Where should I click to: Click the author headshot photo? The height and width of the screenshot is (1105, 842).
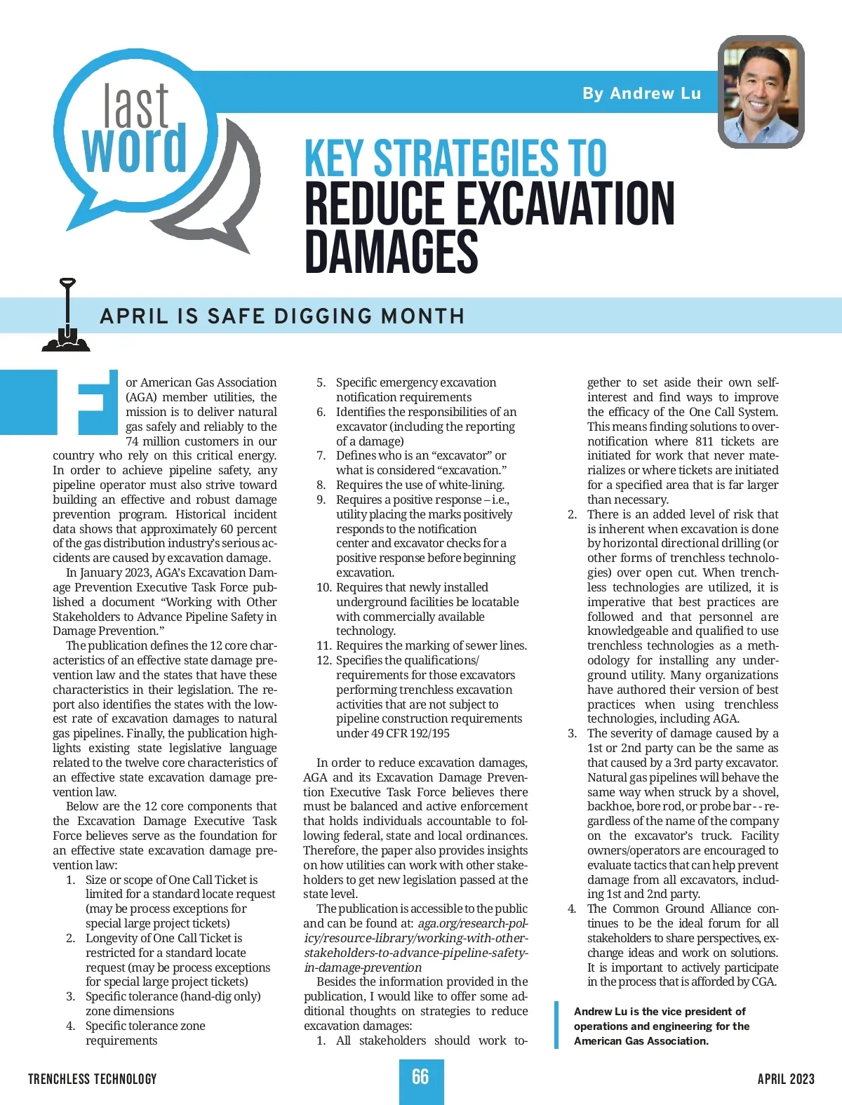761,91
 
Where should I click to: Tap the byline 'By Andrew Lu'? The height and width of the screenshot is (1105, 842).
641,93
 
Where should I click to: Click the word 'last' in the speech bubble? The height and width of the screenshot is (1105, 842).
136,105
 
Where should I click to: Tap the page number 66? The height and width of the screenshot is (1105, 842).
420,1078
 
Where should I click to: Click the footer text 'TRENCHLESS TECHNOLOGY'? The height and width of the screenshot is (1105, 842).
93,1079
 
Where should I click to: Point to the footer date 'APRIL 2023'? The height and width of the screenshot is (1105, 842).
786,1079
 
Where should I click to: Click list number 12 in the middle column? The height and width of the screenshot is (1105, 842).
323,660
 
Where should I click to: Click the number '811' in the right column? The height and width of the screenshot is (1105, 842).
704,441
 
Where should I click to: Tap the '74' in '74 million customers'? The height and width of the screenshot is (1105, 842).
133,441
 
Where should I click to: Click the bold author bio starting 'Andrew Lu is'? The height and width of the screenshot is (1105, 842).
661,1026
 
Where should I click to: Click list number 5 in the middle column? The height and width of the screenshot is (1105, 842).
321,382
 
